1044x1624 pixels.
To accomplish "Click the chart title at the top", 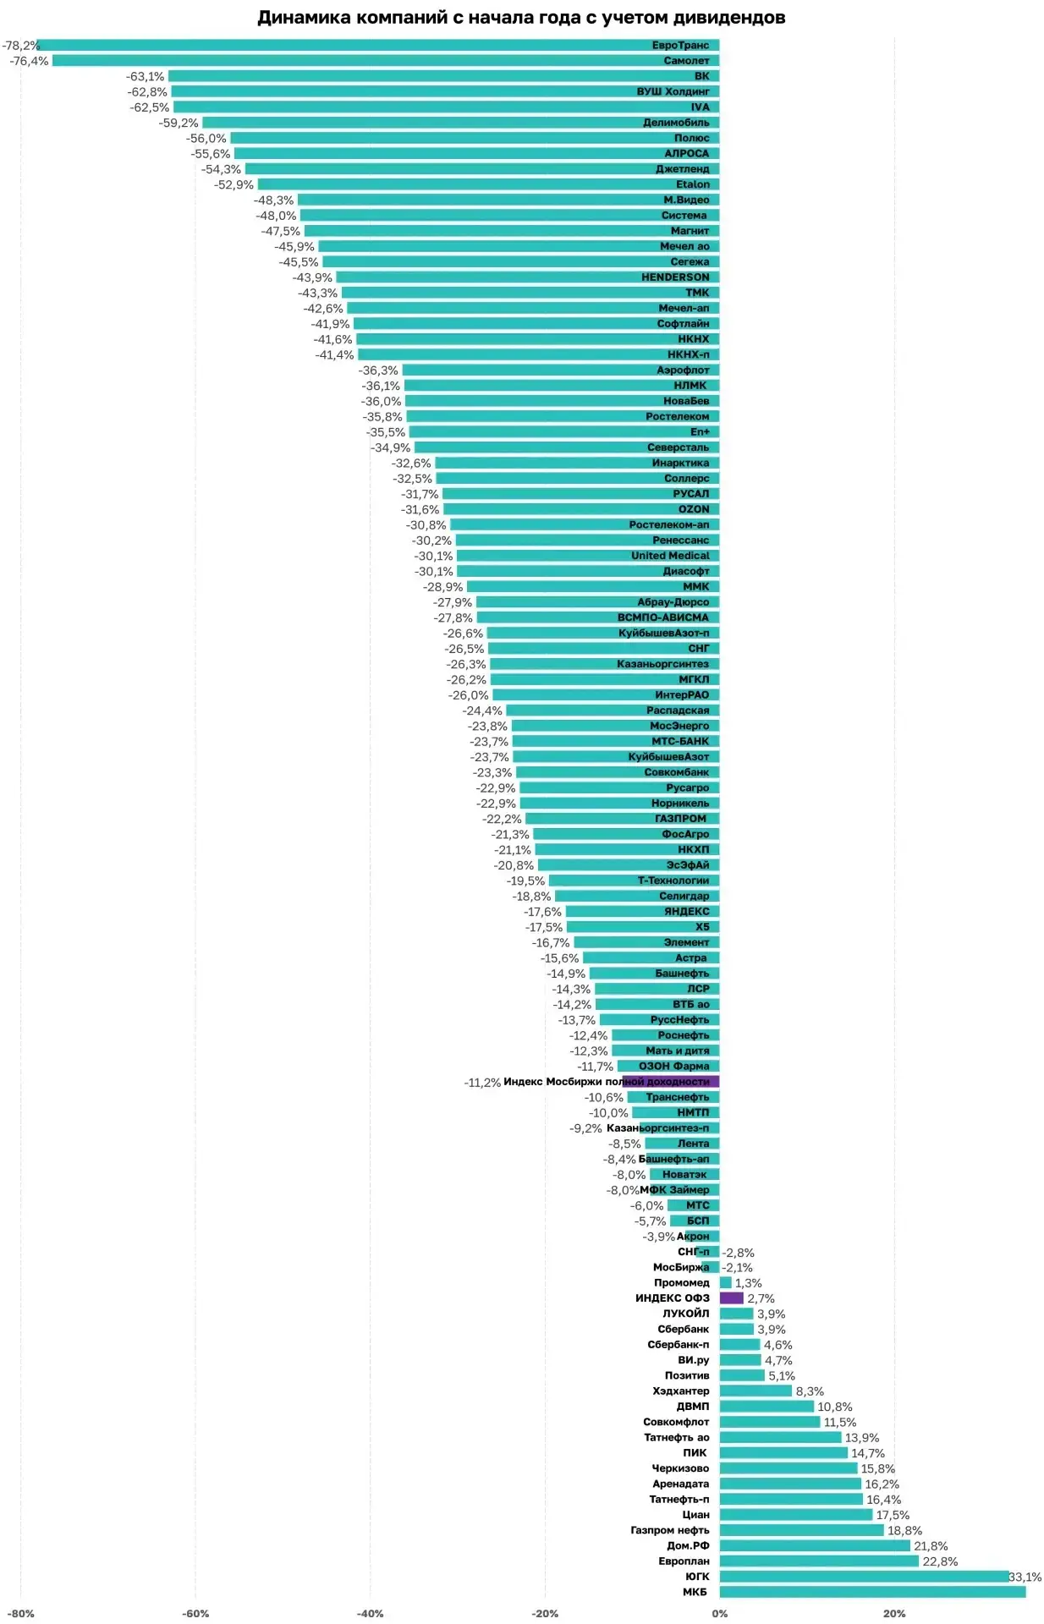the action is (x=521, y=18).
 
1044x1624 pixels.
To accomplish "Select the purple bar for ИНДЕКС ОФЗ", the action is (x=731, y=1298).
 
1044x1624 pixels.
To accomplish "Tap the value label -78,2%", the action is (x=19, y=46).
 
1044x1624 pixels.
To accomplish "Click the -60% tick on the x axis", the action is (x=195, y=1613).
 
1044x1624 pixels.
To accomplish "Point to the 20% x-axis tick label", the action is (x=894, y=1613).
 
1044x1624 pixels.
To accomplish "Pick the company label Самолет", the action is (x=686, y=61).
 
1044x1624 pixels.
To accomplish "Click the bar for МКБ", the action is (x=872, y=1592).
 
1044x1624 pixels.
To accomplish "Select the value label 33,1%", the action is (x=1025, y=1577).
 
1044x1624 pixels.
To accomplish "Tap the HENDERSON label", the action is (x=675, y=277).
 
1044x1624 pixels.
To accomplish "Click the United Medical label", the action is (x=670, y=556).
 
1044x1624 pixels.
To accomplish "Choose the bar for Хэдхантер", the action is (x=756, y=1391).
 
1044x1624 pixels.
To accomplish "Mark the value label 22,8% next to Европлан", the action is (x=940, y=1561).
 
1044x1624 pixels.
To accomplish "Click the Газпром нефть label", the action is (x=670, y=1530).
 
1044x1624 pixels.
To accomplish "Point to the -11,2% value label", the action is (x=482, y=1083).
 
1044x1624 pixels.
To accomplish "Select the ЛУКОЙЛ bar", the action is (x=736, y=1314).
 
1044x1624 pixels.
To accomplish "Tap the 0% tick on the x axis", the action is (x=720, y=1613).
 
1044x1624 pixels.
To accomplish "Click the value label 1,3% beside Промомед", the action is (x=748, y=1283).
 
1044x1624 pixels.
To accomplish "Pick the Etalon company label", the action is (x=693, y=184).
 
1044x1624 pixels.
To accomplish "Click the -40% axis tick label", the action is (x=370, y=1613).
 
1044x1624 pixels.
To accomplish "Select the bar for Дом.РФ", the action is (x=815, y=1545).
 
